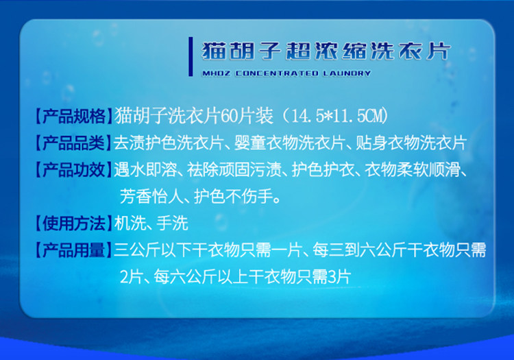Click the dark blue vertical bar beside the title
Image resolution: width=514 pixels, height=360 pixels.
click(191, 57)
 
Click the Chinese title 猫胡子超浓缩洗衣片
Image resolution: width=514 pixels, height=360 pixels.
click(326, 51)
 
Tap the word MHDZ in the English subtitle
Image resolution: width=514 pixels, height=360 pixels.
click(216, 73)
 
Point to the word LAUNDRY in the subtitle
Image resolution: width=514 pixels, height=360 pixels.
click(347, 73)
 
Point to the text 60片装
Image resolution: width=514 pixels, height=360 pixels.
click(247, 116)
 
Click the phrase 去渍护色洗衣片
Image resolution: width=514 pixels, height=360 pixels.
click(169, 143)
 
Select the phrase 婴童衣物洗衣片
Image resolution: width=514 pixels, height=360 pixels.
click(289, 143)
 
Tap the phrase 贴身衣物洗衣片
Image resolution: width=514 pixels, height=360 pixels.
click(411, 143)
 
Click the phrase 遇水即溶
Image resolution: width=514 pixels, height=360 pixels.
click(145, 170)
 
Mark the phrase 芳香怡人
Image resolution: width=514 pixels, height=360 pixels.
click(151, 197)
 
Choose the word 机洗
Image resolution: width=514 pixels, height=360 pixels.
click(130, 224)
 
